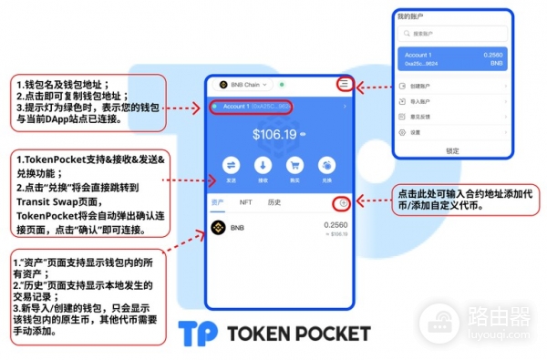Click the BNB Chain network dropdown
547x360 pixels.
[245, 85]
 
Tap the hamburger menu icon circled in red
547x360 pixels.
[344, 84]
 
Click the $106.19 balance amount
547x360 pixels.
[275, 135]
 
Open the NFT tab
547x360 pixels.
[245, 201]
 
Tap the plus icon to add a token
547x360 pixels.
[343, 202]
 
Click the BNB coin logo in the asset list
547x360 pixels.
[218, 228]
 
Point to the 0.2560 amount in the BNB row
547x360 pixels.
[336, 224]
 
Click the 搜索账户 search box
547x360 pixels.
[453, 34]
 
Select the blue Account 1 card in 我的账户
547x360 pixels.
[453, 59]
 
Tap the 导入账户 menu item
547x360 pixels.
[453, 102]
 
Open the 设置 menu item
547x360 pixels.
[453, 132]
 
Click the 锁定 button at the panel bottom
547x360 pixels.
[453, 150]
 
